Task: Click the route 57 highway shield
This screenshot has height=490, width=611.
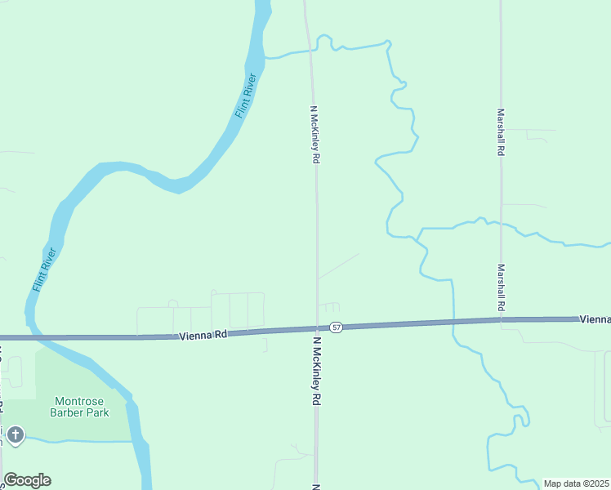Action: pyautogui.click(x=337, y=327)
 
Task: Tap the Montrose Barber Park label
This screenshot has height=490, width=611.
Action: pyautogui.click(x=82, y=407)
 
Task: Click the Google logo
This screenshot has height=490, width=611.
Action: pyautogui.click(x=27, y=480)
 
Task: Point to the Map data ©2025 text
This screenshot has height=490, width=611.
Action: pyautogui.click(x=576, y=483)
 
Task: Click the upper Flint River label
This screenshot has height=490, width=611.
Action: pyautogui.click(x=247, y=96)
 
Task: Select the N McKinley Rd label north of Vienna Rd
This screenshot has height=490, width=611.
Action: pyautogui.click(x=314, y=134)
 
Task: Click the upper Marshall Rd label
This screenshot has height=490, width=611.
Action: pyautogui.click(x=501, y=133)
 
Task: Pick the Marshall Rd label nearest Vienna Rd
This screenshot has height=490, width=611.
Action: pyautogui.click(x=501, y=287)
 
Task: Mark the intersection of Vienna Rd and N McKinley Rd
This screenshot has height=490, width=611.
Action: pyautogui.click(x=317, y=329)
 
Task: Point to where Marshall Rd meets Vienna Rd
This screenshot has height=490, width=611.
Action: pyautogui.click(x=501, y=320)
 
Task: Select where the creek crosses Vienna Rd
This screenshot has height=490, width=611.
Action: pyautogui.click(x=453, y=323)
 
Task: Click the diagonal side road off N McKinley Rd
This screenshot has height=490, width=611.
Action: pyautogui.click(x=338, y=266)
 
